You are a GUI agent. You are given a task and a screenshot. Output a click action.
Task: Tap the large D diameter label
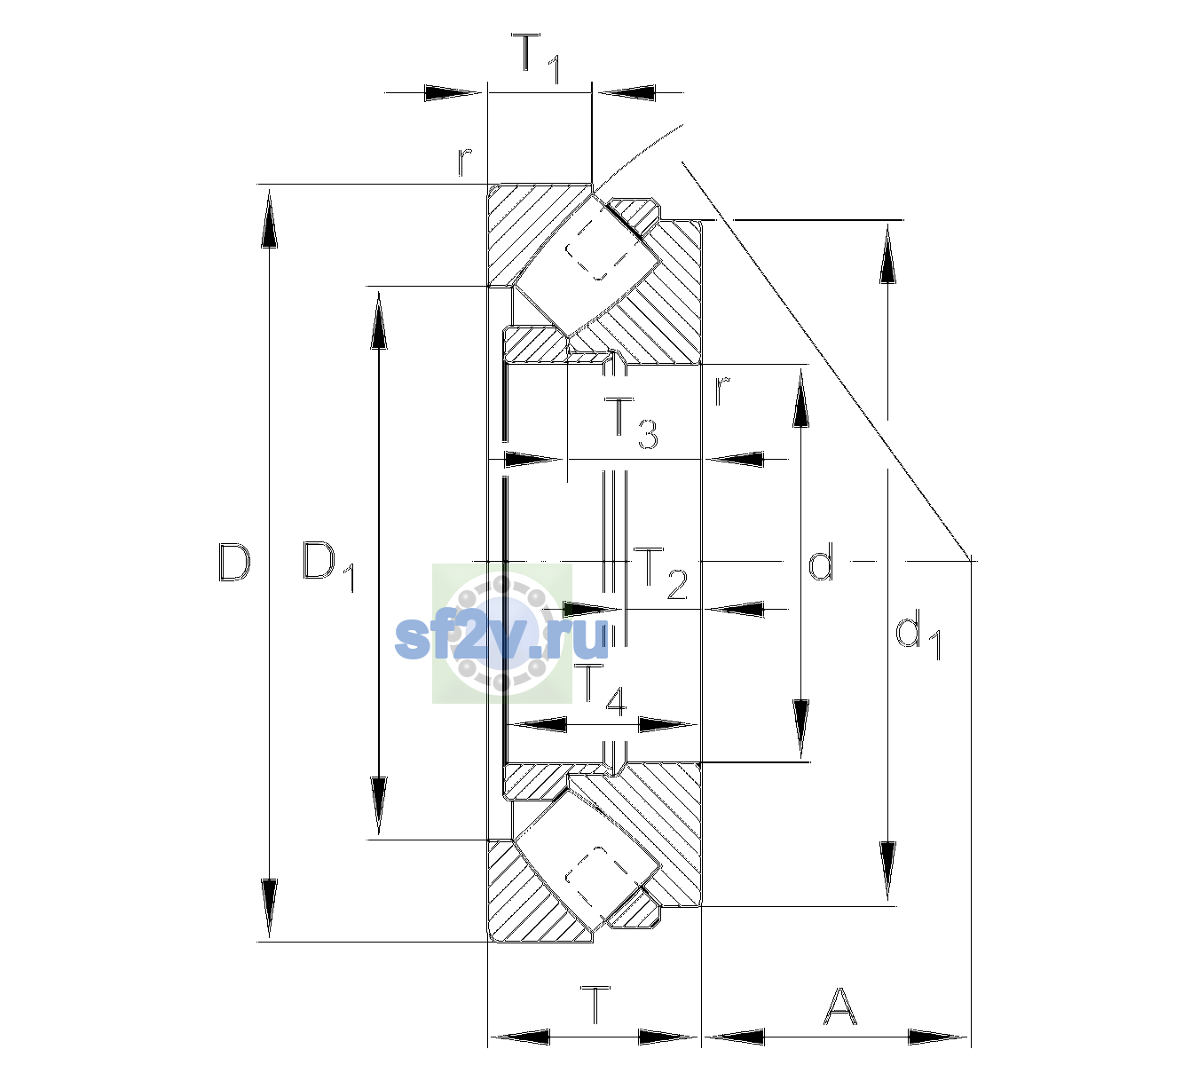(233, 562)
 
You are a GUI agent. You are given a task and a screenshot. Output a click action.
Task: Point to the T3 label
(630, 423)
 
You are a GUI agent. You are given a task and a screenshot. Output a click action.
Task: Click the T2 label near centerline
(660, 573)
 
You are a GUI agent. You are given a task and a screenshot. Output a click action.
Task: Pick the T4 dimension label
(603, 690)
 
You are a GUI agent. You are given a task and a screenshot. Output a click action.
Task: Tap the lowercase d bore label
(821, 561)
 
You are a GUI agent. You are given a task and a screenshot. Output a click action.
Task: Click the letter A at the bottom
(839, 1006)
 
